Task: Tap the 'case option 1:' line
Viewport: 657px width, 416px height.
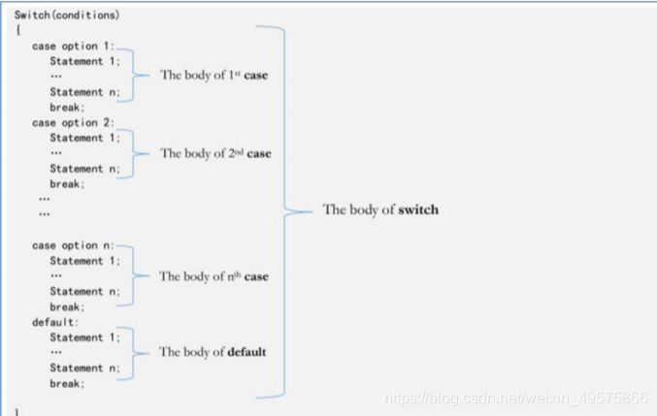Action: pos(73,47)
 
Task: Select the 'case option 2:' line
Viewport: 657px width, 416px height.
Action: pos(73,123)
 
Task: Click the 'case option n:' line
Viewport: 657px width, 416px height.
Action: pos(73,245)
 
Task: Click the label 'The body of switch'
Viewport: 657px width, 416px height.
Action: pos(380,209)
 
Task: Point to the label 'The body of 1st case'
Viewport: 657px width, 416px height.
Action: pos(214,75)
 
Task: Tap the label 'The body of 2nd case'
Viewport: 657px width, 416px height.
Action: pos(215,153)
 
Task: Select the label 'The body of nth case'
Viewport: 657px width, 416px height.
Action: pos(214,276)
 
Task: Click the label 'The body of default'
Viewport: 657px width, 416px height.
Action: pos(212,352)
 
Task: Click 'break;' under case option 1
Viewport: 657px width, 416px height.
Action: pos(68,108)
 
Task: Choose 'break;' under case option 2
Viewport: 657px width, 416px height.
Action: pos(68,184)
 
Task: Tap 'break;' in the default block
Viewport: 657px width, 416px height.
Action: pos(68,383)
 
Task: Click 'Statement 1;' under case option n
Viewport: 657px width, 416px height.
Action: pos(85,261)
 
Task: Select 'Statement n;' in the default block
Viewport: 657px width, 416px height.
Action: pos(85,368)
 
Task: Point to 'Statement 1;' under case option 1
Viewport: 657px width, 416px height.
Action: pos(85,61)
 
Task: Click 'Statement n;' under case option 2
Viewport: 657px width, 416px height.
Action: pos(85,169)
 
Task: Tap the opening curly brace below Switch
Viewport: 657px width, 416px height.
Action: pos(17,31)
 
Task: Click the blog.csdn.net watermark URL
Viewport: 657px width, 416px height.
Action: pos(515,398)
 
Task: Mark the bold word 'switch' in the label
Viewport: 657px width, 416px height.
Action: pos(418,209)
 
